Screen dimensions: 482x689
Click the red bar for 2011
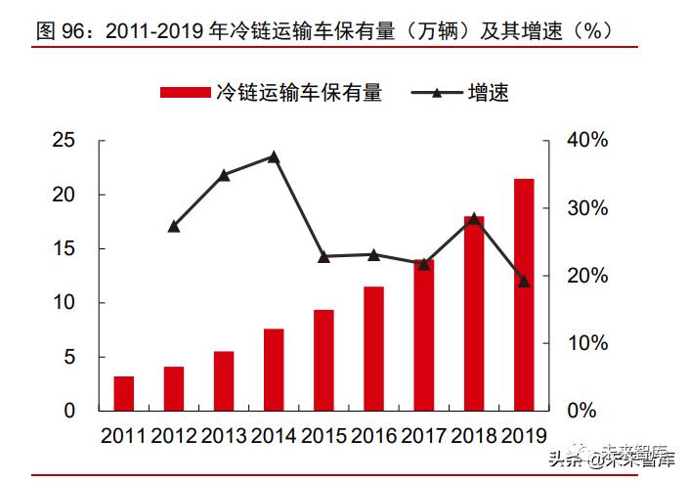[124, 393]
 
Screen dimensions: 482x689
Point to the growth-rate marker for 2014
[274, 156]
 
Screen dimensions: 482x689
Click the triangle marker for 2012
[174, 226]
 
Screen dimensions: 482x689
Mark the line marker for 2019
[524, 282]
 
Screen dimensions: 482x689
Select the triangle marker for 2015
[323, 257]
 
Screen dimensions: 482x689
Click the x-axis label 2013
[224, 436]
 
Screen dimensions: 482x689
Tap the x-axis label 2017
[423, 436]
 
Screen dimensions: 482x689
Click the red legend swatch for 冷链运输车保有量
[186, 93]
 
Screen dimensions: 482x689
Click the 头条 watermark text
[564, 457]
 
